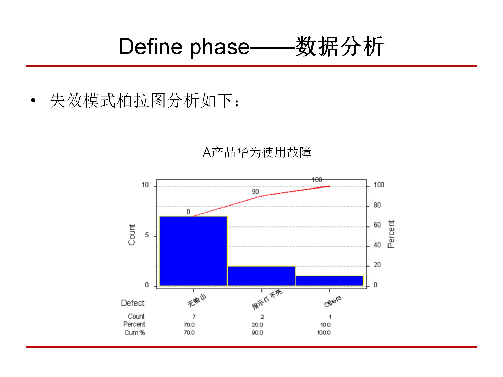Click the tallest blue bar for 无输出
[x=193, y=251]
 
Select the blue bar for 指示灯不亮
[x=261, y=276]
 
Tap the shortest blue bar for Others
[x=329, y=281]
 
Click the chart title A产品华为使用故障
[x=257, y=152]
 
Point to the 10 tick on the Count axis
[x=145, y=185]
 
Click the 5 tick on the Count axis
[x=147, y=235]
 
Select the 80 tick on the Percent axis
[x=377, y=205]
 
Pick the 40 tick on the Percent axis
[x=377, y=245]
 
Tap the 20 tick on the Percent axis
[x=377, y=265]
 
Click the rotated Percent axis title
[x=391, y=234]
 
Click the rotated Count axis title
[x=132, y=235]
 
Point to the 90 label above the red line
[x=255, y=192]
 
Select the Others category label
[x=333, y=301]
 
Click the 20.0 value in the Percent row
[x=257, y=325]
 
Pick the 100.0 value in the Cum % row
[x=324, y=333]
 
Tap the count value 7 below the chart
[x=194, y=317]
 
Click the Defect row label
[x=133, y=303]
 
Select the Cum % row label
[x=135, y=333]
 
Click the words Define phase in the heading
[x=184, y=47]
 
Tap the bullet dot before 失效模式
[x=33, y=101]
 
